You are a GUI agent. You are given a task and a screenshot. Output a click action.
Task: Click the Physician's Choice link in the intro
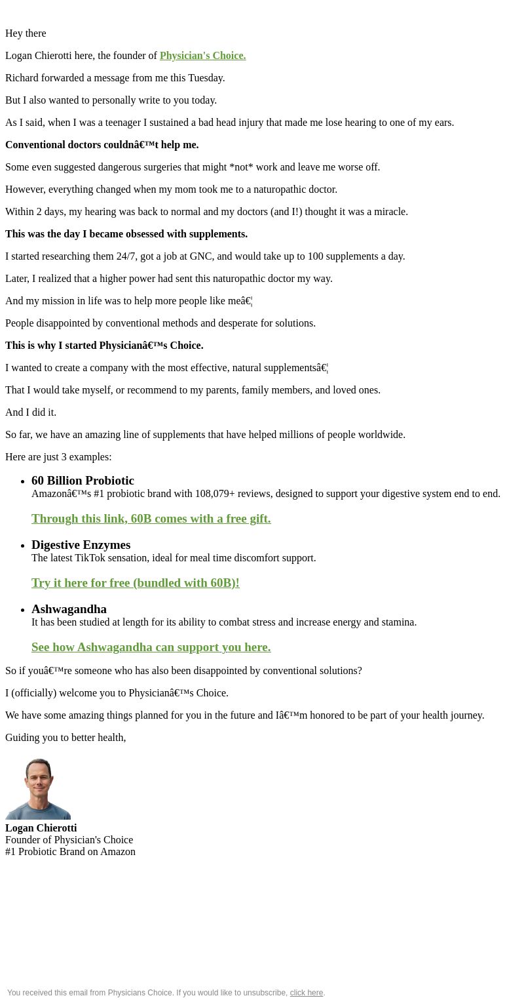pos(202,56)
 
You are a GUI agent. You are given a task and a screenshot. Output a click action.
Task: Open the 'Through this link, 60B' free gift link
pos(151,519)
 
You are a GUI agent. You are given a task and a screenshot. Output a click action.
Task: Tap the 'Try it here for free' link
pos(135,583)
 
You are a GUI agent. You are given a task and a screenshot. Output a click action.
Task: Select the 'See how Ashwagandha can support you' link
pos(151,647)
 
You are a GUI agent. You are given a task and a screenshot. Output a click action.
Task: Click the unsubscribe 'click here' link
pos(306,993)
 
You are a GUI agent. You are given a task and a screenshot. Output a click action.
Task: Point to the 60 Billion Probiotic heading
pos(83,481)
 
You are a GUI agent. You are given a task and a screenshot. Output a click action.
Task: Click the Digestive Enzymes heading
pos(81,545)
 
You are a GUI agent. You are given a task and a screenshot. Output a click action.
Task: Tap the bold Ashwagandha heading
pos(69,609)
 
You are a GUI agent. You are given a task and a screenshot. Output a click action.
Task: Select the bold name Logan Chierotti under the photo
pos(41,828)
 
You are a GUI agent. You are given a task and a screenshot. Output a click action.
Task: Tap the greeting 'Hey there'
pos(26,33)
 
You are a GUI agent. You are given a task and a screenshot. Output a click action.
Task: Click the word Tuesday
pos(206,78)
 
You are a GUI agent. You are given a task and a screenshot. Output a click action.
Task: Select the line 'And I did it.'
pos(31,412)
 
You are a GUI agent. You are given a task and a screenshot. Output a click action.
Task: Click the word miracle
pos(390,212)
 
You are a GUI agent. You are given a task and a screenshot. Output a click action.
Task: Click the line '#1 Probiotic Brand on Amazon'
pos(70,852)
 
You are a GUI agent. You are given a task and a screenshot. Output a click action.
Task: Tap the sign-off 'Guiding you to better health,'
pos(65,738)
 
